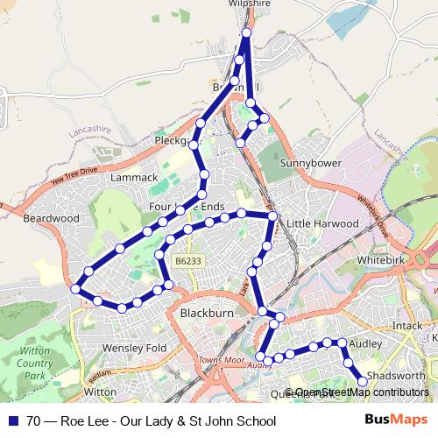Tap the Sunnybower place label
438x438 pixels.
309,163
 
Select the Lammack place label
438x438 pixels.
134,177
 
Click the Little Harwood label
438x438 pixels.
323,223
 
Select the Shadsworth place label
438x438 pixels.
396,375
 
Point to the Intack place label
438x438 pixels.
407,326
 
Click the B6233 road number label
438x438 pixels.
187,261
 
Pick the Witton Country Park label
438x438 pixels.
34,363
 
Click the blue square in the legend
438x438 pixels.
13,421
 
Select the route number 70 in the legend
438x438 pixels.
33,421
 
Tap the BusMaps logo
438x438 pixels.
396,420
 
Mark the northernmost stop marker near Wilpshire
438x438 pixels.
246,32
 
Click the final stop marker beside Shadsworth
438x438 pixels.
363,381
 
